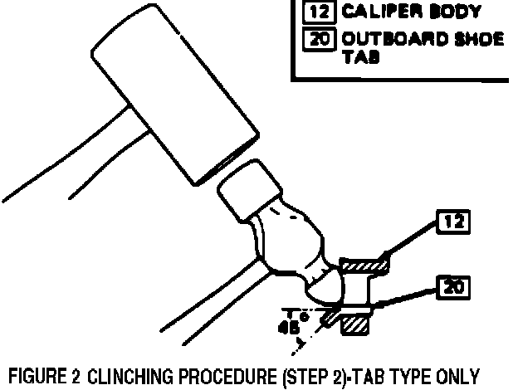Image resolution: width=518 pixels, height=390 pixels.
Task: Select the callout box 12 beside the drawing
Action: coord(453,222)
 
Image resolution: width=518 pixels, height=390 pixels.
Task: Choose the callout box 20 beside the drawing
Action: coord(453,288)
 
